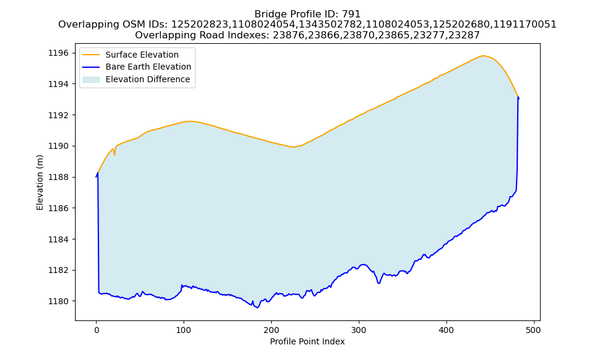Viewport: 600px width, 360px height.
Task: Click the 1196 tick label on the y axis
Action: tap(59, 53)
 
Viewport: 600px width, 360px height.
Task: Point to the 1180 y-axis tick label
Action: tap(59, 301)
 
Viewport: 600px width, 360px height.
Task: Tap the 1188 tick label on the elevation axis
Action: tap(59, 177)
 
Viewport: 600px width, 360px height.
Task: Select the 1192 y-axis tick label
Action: tap(59, 115)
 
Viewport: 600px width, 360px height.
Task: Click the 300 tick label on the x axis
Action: tap(359, 330)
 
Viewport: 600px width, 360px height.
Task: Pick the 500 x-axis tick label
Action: tap(534, 330)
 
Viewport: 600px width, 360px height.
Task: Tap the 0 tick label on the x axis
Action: tap(97, 330)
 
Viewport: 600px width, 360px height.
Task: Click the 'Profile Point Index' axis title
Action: tap(307, 341)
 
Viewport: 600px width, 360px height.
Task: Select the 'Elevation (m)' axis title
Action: tap(40, 182)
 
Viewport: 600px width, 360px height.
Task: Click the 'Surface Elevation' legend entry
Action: tap(142, 55)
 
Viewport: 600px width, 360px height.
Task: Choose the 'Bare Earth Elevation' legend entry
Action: tap(148, 67)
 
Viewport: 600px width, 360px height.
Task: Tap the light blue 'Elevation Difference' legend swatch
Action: tap(91, 79)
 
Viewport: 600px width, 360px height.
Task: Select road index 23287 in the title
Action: tap(466, 35)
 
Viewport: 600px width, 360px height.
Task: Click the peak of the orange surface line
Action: tap(483, 56)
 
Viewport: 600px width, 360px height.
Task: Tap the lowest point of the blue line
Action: tap(257, 308)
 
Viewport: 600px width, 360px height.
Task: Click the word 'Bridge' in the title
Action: tap(269, 14)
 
